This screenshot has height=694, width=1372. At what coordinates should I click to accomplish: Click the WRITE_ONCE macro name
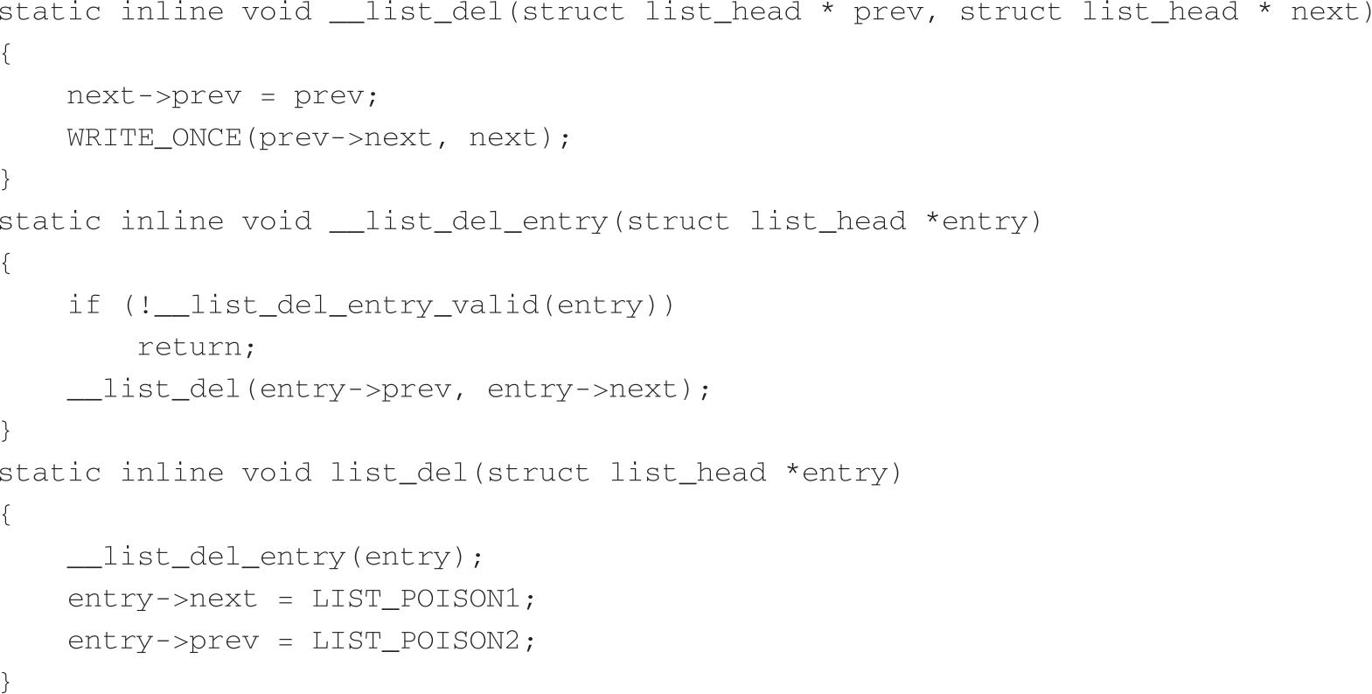click(x=154, y=137)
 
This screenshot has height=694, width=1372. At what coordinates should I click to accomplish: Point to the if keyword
click(x=84, y=305)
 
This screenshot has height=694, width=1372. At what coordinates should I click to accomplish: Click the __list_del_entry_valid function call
click(x=347, y=305)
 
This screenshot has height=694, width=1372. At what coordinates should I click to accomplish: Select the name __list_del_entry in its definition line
click(x=469, y=221)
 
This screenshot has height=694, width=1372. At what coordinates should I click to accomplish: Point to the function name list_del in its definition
click(x=399, y=473)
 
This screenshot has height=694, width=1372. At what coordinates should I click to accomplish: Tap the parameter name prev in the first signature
click(x=888, y=12)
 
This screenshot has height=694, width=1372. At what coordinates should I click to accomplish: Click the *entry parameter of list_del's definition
click(x=836, y=473)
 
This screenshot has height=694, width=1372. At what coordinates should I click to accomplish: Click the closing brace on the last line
click(x=6, y=681)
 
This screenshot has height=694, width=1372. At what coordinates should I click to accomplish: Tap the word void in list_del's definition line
click(x=276, y=473)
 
